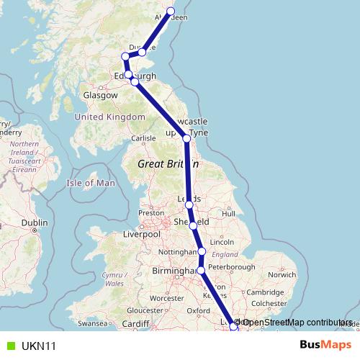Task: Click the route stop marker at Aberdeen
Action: click(x=171, y=11)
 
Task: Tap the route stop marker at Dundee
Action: click(x=143, y=52)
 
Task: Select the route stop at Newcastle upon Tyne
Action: click(x=186, y=138)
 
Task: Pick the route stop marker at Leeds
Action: click(x=189, y=205)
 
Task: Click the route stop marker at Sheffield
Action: click(x=193, y=226)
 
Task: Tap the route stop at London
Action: click(x=233, y=327)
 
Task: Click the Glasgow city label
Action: click(x=100, y=95)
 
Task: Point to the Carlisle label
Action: click(x=143, y=138)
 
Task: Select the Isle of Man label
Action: click(x=91, y=183)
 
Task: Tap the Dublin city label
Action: click(x=34, y=223)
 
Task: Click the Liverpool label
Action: click(x=141, y=234)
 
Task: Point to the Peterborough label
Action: click(x=234, y=267)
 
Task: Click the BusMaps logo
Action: click(x=330, y=346)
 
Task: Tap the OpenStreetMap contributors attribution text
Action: click(x=297, y=322)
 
